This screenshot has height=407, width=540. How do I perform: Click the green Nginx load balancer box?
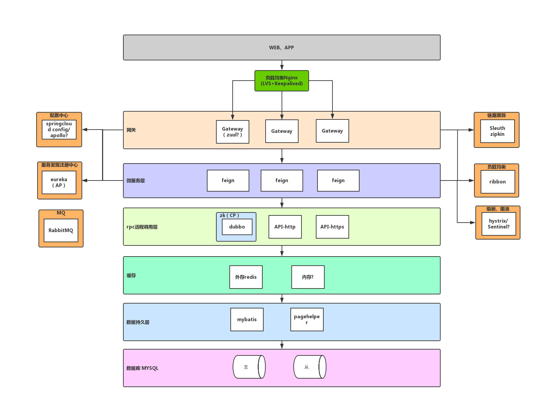click(x=282, y=81)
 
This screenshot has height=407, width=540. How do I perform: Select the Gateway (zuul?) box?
click(x=232, y=132)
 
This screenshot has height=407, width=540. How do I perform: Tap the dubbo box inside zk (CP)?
click(x=237, y=227)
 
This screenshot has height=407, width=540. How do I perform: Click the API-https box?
click(x=332, y=227)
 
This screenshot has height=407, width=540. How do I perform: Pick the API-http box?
click(x=285, y=227)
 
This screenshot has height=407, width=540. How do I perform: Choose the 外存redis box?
click(x=246, y=277)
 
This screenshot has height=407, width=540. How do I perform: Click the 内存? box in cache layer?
click(x=308, y=277)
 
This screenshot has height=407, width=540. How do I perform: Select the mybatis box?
click(x=247, y=320)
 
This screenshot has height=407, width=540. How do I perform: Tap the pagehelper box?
click(x=307, y=320)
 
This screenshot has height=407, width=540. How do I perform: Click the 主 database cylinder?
click(x=246, y=367)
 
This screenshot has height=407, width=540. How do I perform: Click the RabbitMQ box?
click(x=61, y=230)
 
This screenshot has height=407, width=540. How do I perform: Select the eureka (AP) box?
click(x=59, y=182)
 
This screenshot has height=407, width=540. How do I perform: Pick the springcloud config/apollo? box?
click(x=59, y=130)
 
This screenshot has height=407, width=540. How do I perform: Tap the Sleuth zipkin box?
click(x=497, y=131)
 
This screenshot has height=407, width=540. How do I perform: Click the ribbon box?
click(x=498, y=182)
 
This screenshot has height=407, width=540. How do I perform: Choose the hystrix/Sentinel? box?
click(x=499, y=224)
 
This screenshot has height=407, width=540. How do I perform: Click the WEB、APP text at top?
click(x=281, y=48)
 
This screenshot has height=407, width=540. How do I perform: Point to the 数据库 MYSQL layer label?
click(x=142, y=368)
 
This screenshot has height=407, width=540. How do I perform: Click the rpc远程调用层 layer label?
click(x=142, y=227)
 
